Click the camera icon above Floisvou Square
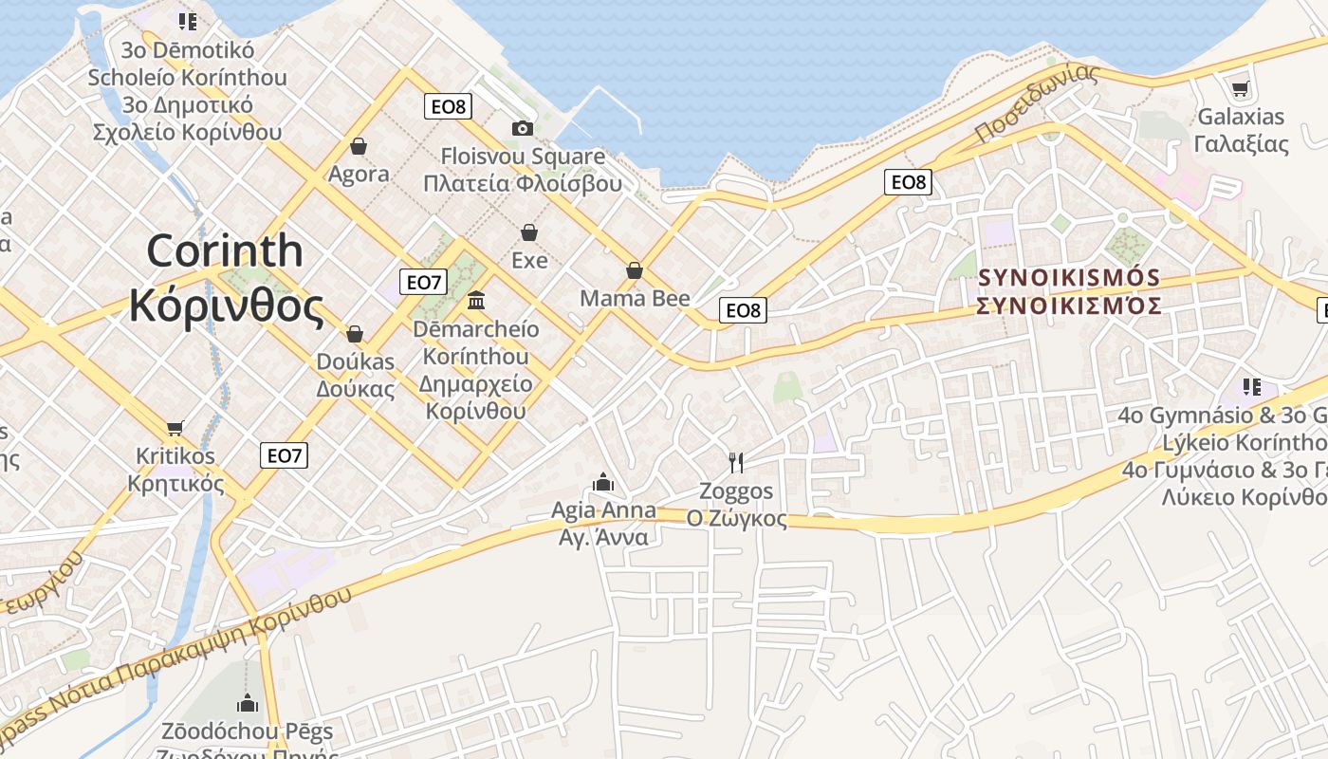522,128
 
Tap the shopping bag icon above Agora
359,146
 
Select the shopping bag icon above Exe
529,232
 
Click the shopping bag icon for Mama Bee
635,271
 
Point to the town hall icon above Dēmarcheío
476,301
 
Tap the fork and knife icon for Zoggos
736,462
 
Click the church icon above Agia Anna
603,483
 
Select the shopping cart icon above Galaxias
1240,89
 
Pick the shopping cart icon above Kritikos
175,428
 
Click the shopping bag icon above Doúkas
355,334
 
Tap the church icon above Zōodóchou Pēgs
248,703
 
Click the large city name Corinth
225,250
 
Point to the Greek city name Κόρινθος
226,305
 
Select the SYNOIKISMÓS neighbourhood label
1069,278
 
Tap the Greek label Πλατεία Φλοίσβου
523,184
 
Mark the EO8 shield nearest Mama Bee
743,310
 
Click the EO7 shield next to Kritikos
284,455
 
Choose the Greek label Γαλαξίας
1241,144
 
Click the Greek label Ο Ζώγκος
736,519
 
